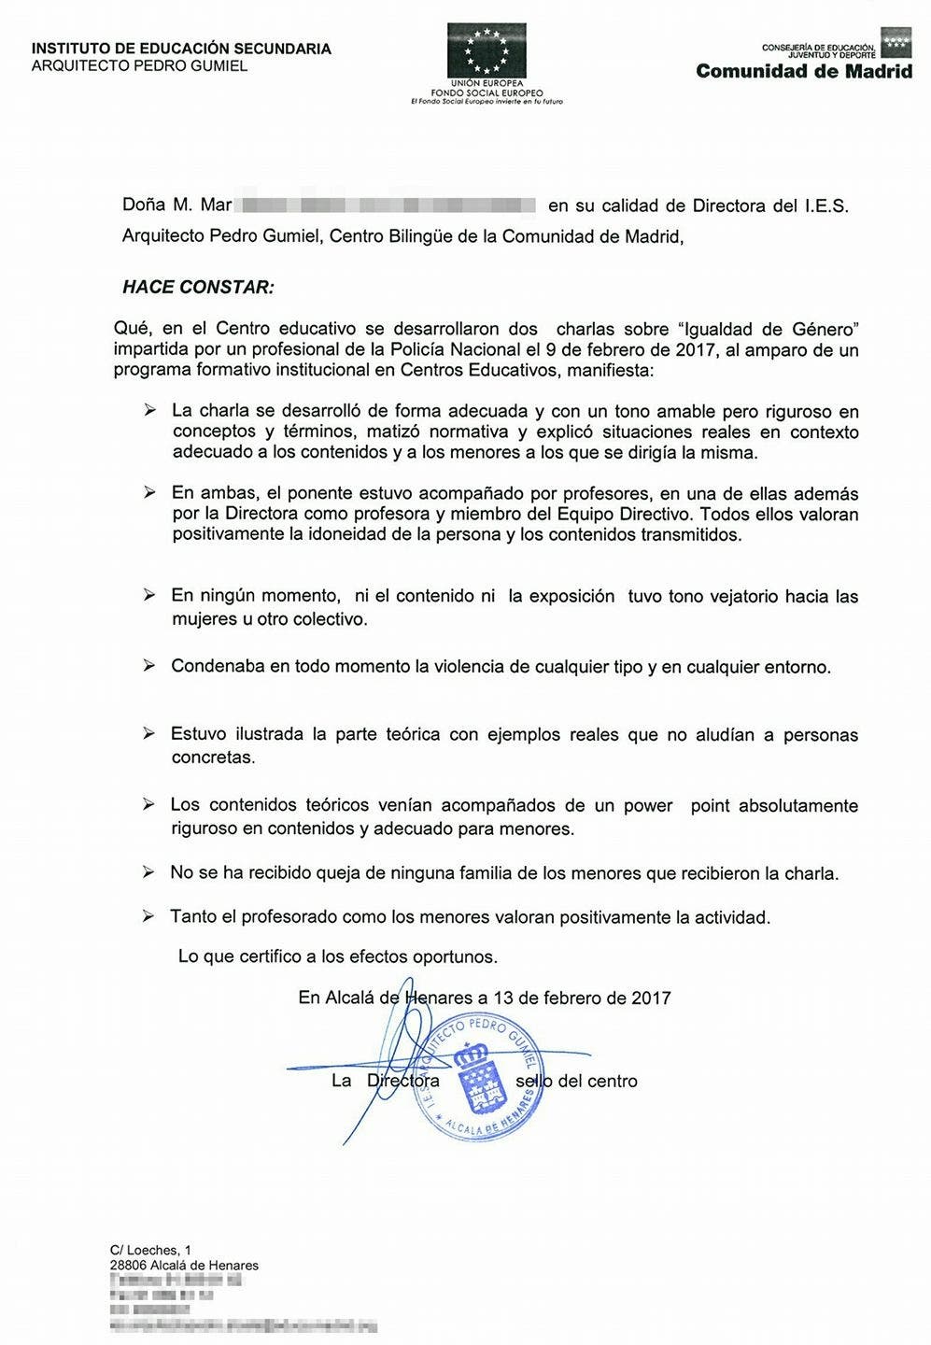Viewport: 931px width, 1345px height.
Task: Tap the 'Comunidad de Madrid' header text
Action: pyautogui.click(x=804, y=71)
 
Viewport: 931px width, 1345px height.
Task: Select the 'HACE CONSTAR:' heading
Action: pyautogui.click(x=198, y=287)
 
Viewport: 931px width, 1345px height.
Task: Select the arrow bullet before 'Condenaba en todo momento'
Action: pyautogui.click(x=148, y=666)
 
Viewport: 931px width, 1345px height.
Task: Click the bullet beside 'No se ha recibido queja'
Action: pyautogui.click(x=148, y=872)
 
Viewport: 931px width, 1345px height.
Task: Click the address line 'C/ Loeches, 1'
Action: pyautogui.click(x=150, y=1250)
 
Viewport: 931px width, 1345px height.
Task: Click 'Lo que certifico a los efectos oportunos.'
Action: pyautogui.click(x=338, y=956)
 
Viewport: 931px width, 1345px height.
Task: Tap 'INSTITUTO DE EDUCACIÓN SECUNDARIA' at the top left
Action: pyautogui.click(x=181, y=49)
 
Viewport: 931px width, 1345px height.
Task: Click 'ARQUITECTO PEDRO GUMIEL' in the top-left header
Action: pyautogui.click(x=139, y=66)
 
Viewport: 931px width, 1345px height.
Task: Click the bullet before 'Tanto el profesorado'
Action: pyautogui.click(x=148, y=916)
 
